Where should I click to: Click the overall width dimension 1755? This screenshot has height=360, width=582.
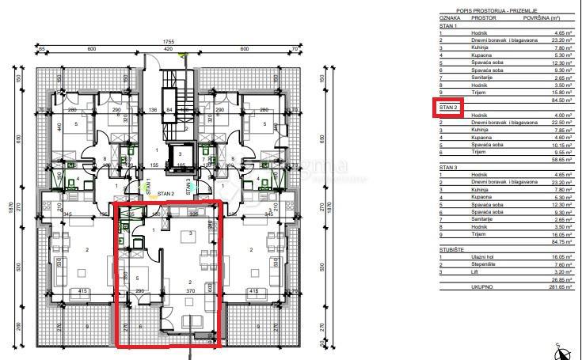click(168, 41)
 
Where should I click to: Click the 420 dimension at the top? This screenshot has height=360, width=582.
click(168, 49)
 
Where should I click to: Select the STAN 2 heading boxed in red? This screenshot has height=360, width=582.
click(449, 107)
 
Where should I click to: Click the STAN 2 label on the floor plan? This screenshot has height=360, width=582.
click(165, 193)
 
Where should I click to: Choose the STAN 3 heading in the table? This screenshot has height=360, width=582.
click(449, 167)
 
